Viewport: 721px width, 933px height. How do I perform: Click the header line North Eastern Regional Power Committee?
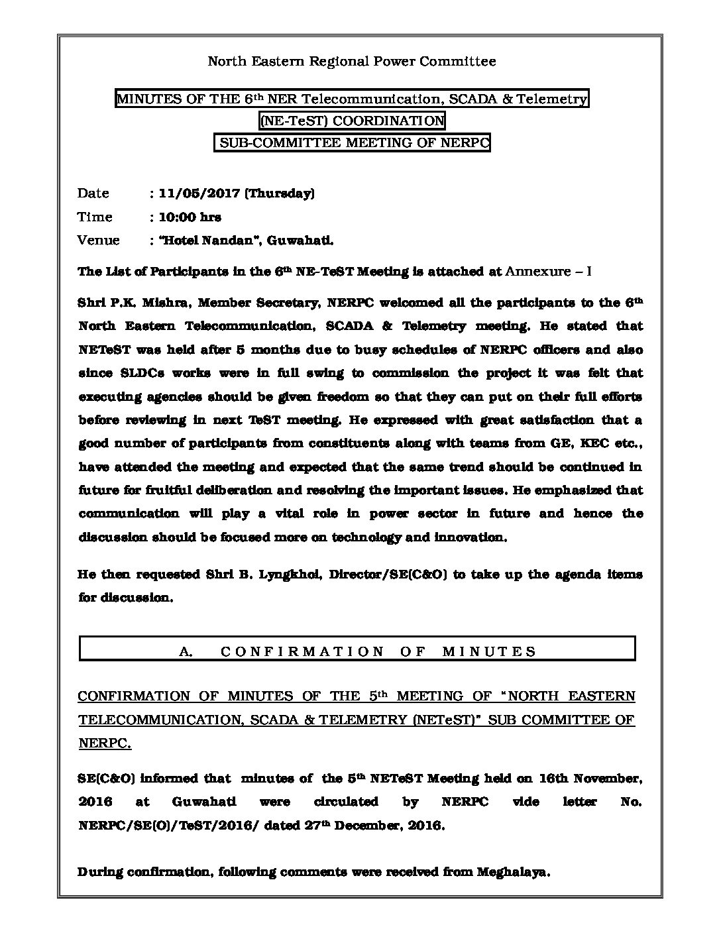click(352, 62)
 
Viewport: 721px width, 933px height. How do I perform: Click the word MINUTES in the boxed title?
click(140, 99)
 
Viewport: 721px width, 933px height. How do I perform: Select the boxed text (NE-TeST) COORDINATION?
click(352, 121)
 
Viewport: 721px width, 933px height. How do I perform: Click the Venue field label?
click(99, 240)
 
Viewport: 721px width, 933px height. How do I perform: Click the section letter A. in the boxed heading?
click(186, 651)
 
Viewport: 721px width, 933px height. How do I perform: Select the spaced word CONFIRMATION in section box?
click(302, 651)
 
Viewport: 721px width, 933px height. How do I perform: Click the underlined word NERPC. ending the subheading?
click(105, 743)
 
